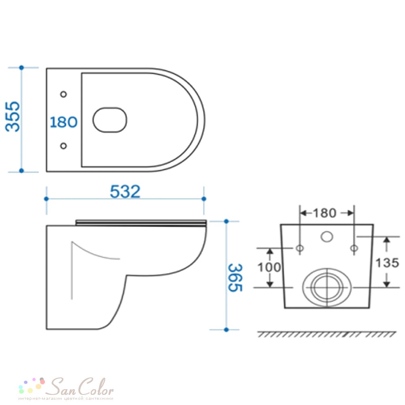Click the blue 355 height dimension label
click(x=13, y=117)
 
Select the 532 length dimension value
click(x=125, y=192)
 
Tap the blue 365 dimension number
click(x=235, y=278)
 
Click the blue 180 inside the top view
click(x=64, y=122)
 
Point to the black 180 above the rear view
click(x=325, y=213)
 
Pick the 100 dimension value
click(x=269, y=267)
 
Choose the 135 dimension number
click(x=387, y=263)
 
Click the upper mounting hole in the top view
click(x=64, y=94)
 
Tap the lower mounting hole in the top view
click(x=64, y=146)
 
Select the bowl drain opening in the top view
click(x=110, y=120)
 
